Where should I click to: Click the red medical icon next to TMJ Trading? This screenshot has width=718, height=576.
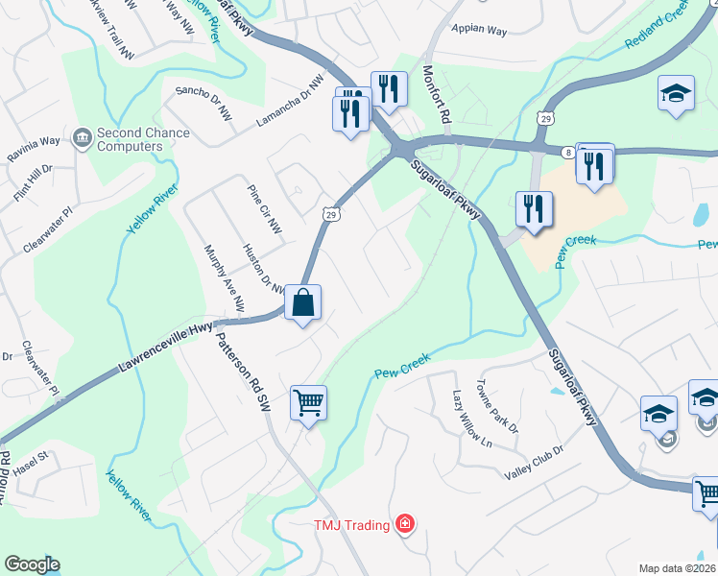[406, 524]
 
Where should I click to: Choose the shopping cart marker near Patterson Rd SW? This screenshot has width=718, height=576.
[309, 403]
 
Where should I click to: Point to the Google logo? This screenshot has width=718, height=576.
[32, 564]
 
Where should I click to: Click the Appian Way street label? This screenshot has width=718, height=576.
[478, 31]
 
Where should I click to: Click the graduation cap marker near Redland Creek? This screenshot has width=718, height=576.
[677, 94]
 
